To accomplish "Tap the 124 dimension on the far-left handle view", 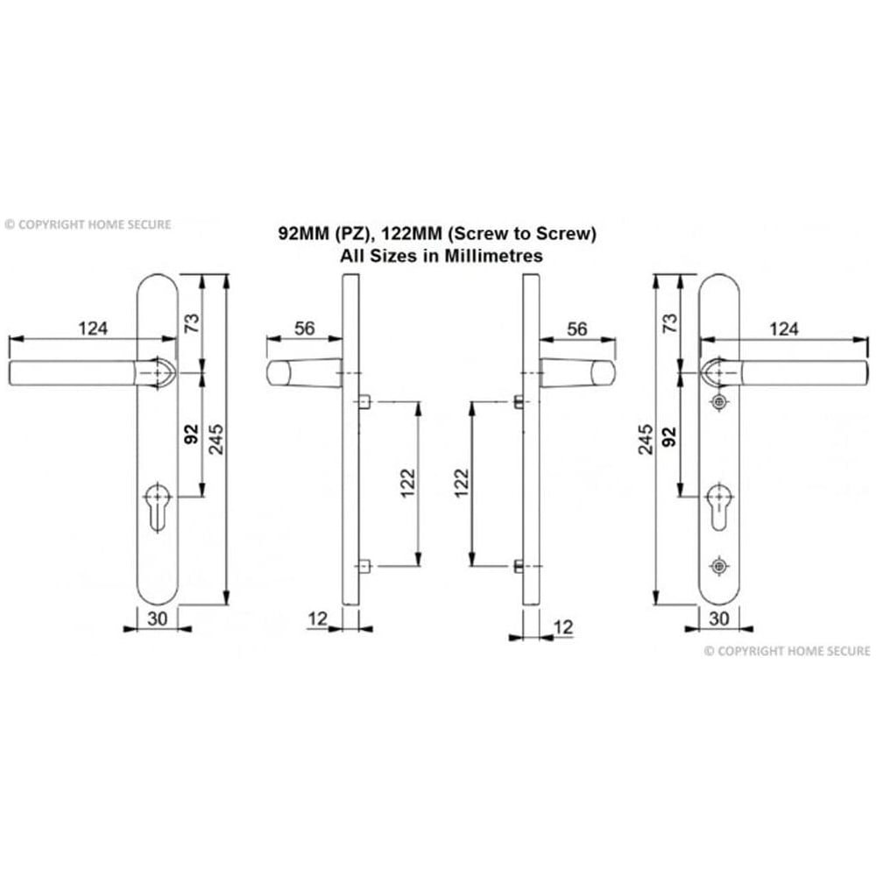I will tap(93, 328).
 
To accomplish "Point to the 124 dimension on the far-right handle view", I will tap(783, 328).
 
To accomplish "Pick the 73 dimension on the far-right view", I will tap(670, 322).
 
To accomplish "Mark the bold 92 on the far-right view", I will tap(670, 435).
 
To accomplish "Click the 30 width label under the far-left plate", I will tap(158, 618).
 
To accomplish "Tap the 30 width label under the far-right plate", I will tap(718, 618).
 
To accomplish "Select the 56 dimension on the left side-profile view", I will tap(304, 328).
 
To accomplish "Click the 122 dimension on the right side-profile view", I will tap(462, 483).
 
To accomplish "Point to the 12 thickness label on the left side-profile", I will tap(317, 618).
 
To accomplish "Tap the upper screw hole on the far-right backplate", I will tap(719, 402).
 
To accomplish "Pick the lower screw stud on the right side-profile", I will tap(518, 566).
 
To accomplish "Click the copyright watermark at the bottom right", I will tap(788, 651).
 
